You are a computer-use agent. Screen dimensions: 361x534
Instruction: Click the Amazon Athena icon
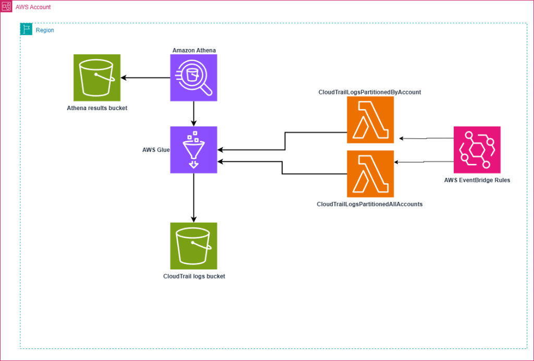(x=193, y=78)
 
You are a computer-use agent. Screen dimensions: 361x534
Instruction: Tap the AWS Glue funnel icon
(x=193, y=150)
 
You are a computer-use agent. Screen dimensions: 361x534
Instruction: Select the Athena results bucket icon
(x=97, y=78)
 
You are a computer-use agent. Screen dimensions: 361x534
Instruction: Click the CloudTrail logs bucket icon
(x=193, y=246)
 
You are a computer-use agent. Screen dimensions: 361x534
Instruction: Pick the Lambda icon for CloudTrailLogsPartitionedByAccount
(x=370, y=119)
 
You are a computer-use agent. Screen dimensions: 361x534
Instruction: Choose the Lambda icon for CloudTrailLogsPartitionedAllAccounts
(x=370, y=173)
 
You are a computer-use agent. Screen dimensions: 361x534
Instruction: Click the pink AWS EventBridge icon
(x=477, y=150)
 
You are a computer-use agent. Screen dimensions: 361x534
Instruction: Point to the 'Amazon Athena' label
(x=194, y=50)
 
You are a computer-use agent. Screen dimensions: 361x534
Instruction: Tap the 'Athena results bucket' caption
(x=97, y=108)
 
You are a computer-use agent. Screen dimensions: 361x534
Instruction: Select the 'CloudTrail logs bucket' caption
(x=194, y=276)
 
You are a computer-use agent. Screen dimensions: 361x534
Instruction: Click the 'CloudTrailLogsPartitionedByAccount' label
(x=370, y=92)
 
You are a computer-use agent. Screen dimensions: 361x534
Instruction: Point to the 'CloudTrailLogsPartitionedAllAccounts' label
(x=369, y=204)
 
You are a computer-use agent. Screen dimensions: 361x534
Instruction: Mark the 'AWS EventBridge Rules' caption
(x=477, y=180)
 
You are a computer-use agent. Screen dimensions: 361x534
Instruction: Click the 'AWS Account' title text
(x=33, y=6)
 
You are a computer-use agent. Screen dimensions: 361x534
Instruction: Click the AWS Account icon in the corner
(x=6, y=6)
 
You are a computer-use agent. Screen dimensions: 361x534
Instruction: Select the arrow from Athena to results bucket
(x=145, y=78)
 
